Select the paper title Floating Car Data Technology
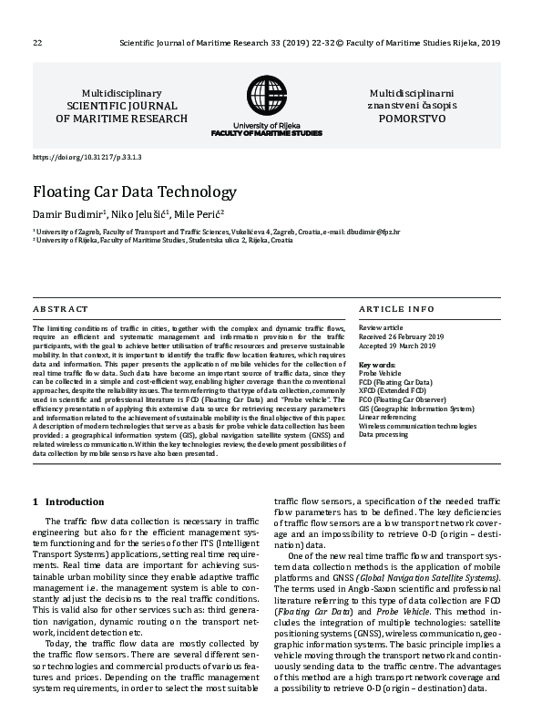(x=135, y=192)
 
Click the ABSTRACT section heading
(x=61, y=310)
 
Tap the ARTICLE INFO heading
(x=396, y=310)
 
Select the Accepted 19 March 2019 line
(x=397, y=346)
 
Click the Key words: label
(x=377, y=364)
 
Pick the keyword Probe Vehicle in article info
(x=380, y=373)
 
